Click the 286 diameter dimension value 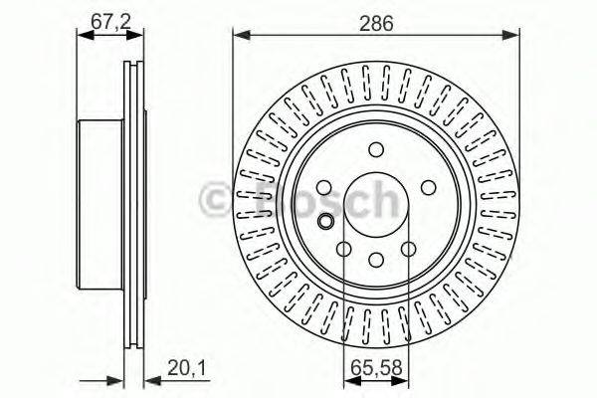click(377, 21)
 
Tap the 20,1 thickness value click(187, 373)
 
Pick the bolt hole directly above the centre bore click(376, 149)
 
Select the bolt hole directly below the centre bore click(376, 260)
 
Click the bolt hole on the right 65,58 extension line click(408, 249)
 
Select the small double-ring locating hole click(325, 220)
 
